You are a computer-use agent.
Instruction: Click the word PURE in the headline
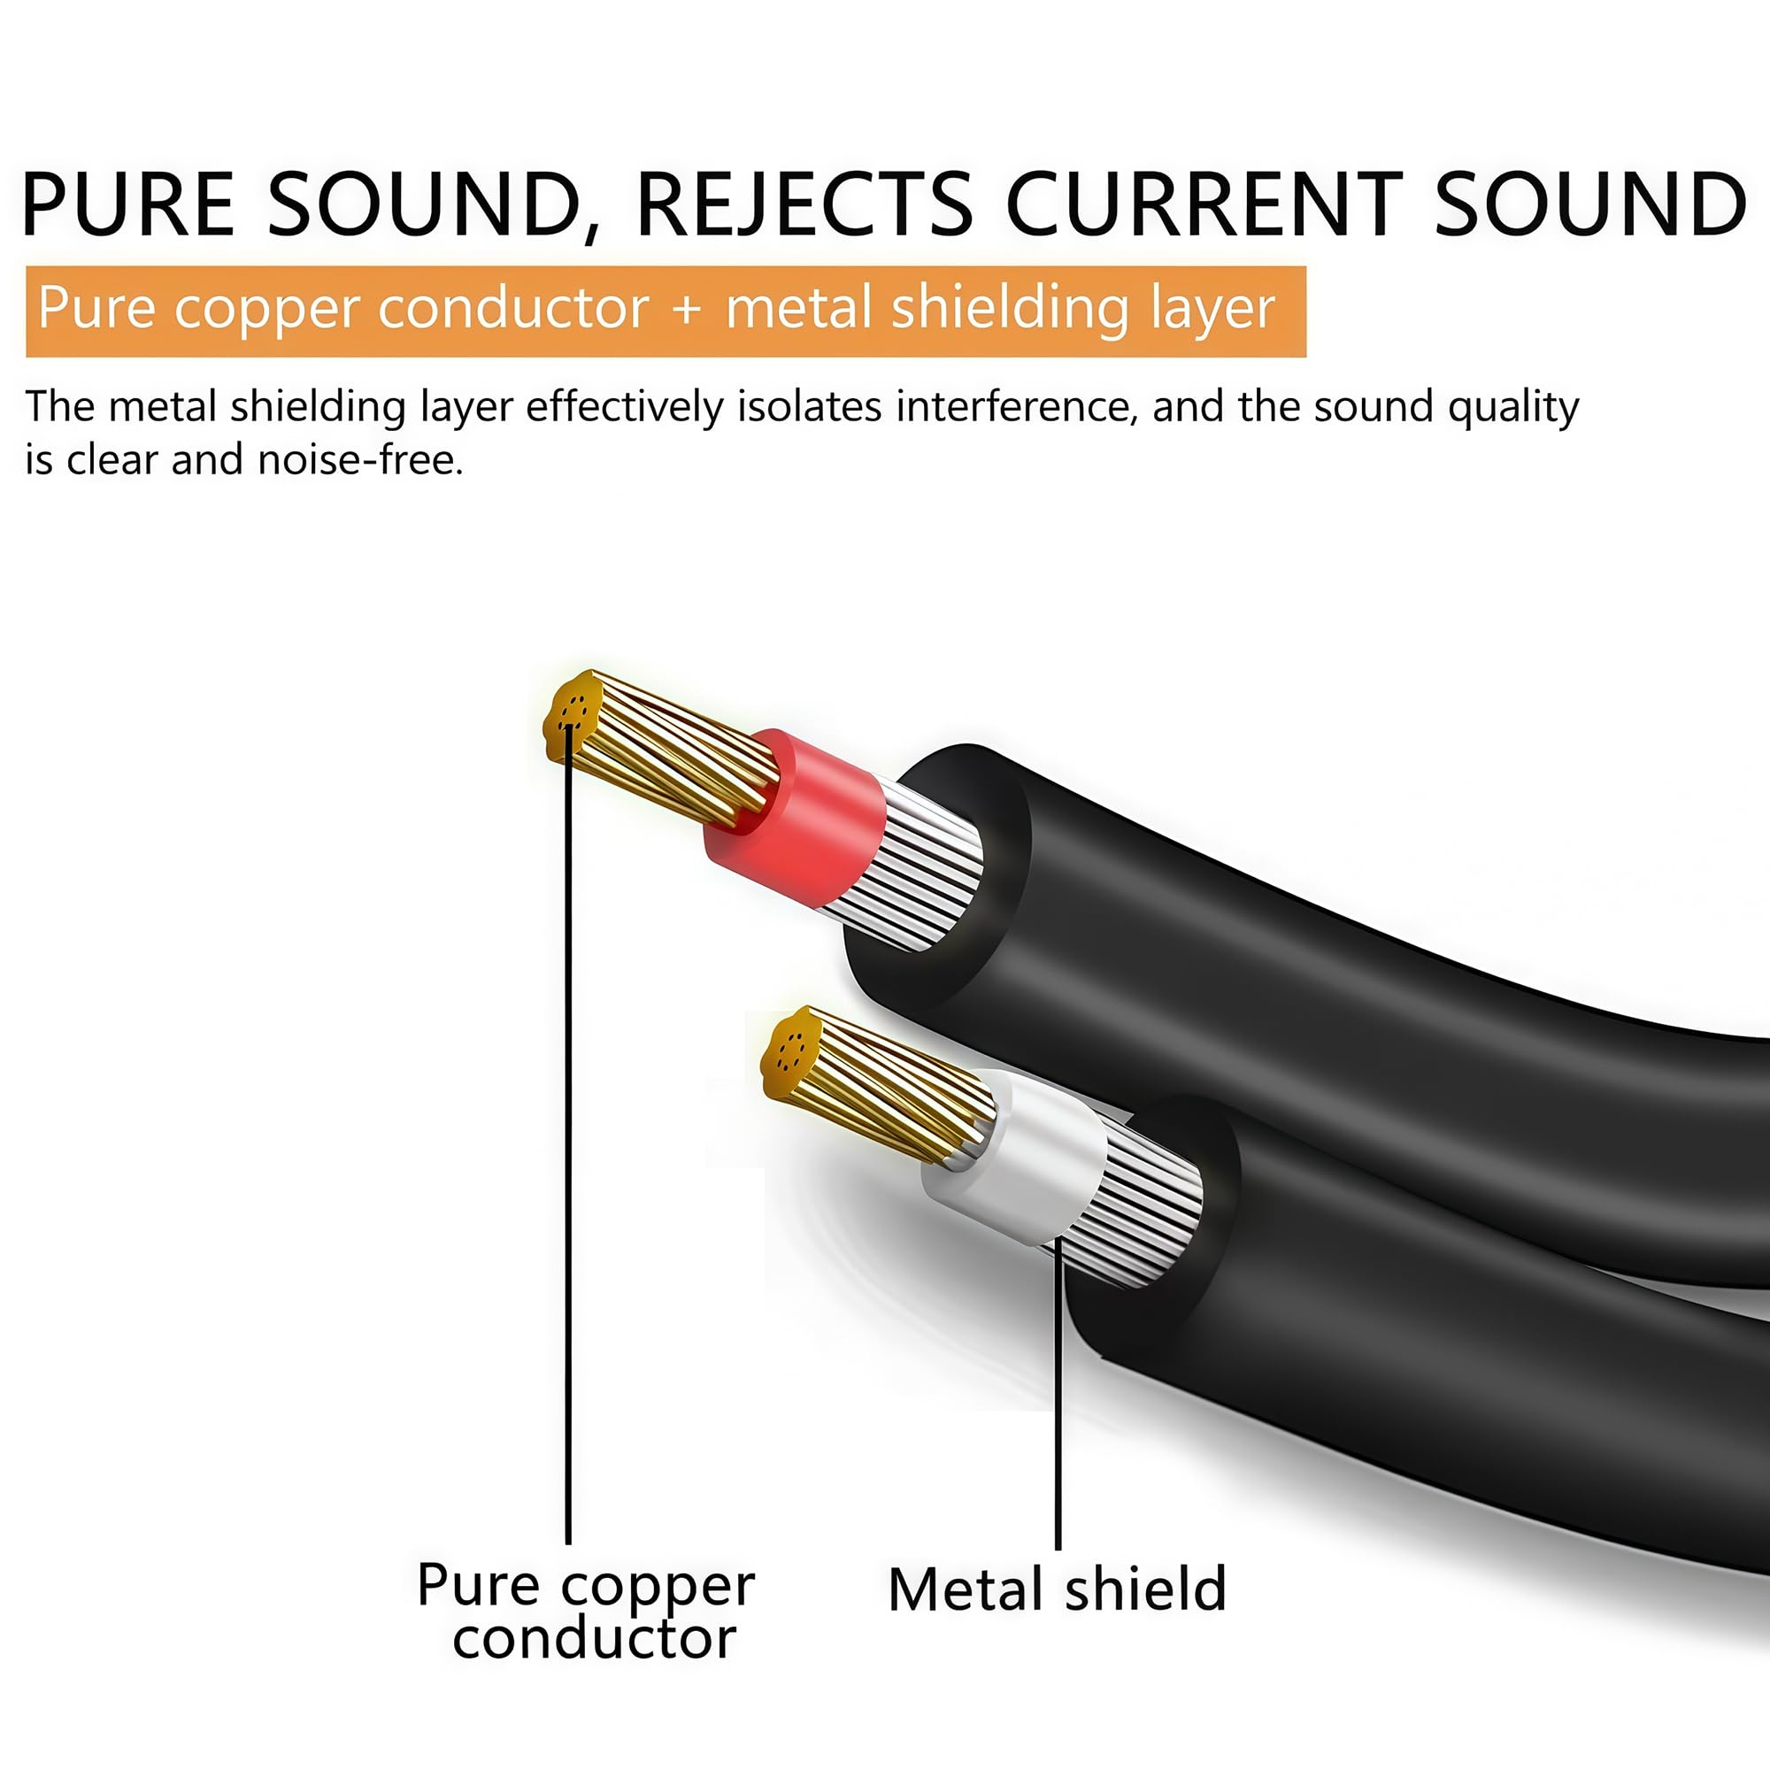tap(128, 204)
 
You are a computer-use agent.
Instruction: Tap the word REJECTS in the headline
tap(804, 204)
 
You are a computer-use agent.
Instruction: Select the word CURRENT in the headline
tap(1204, 204)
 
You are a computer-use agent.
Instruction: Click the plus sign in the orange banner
tap(687, 310)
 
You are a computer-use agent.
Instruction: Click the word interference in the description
tap(1017, 406)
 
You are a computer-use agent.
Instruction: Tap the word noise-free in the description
tap(360, 459)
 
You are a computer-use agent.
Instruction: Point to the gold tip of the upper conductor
tap(572, 718)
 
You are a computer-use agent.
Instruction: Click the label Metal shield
tap(1057, 1589)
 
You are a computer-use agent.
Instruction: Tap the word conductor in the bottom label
tap(594, 1639)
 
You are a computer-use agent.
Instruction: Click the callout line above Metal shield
tap(1058, 1392)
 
